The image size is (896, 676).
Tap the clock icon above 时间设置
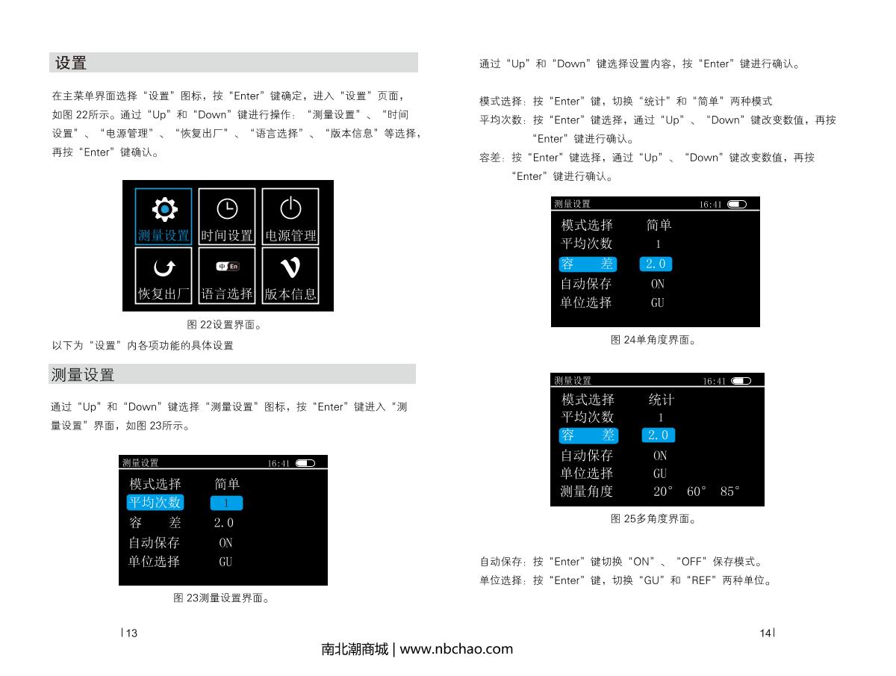coord(226,209)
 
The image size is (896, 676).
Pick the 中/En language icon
coord(228,267)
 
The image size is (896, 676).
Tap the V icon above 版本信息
coord(290,267)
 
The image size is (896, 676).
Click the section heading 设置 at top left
coord(71,63)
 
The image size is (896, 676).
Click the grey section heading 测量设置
coord(82,374)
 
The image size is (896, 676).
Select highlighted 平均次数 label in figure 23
coord(155,503)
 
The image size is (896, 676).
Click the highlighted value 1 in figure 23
coord(226,503)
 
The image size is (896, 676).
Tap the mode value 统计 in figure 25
coord(661,400)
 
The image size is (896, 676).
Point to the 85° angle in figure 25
coord(729,492)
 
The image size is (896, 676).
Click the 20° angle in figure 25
coord(663,492)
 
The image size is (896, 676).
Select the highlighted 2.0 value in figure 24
coord(656,264)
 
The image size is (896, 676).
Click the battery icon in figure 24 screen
coord(736,204)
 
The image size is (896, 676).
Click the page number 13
coord(131,633)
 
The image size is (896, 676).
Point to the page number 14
coord(765,633)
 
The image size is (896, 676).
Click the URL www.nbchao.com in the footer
coord(457,649)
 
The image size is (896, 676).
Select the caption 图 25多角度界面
coord(653,518)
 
